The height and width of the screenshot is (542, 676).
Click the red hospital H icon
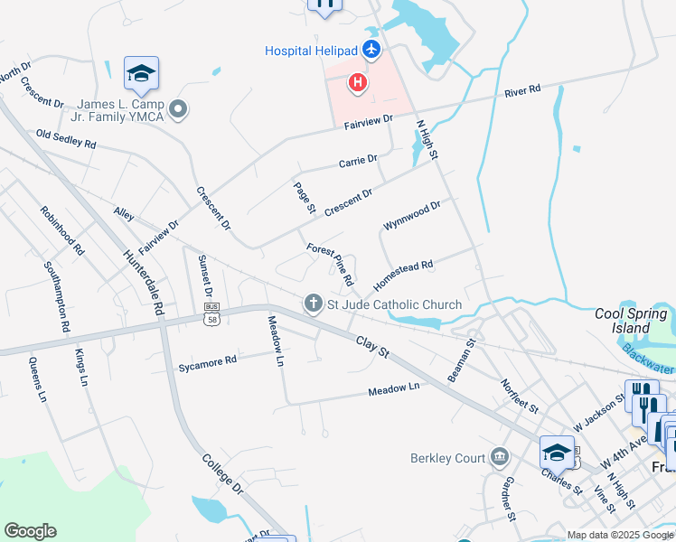[358, 84]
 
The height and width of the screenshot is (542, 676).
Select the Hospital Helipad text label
[312, 51]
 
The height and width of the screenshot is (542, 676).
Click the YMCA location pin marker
[178, 110]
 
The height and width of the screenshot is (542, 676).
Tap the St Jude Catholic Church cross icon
[314, 304]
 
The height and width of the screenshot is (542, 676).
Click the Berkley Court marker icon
[498, 458]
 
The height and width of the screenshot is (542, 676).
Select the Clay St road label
[371, 344]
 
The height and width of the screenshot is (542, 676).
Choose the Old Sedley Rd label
[66, 138]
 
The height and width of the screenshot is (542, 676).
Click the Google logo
[30, 531]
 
